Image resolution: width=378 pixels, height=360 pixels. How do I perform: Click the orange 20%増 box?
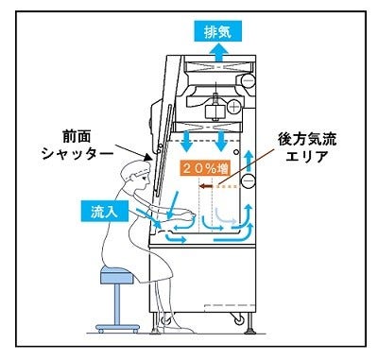coord(204,167)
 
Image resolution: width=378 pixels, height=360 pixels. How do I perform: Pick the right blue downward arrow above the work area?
coord(223,143)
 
